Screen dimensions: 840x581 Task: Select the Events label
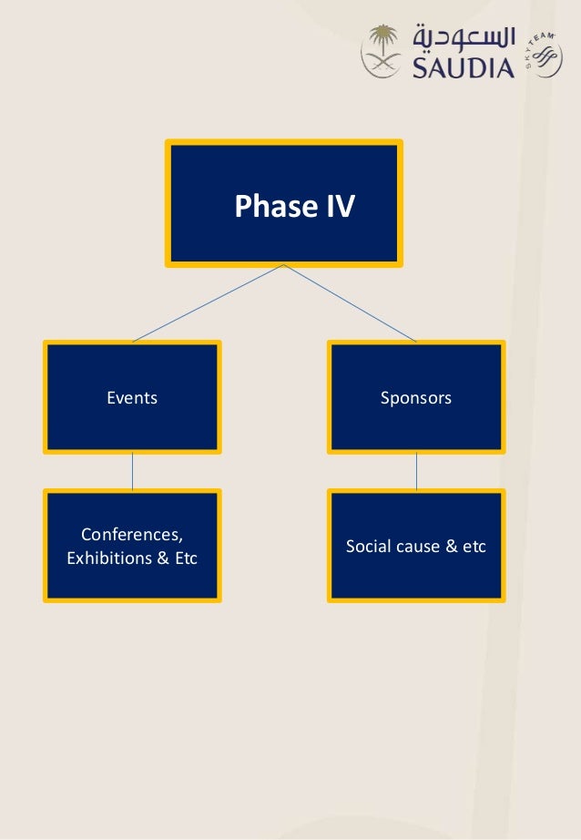pyautogui.click(x=132, y=398)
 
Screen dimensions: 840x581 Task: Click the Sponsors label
pyautogui.click(x=416, y=398)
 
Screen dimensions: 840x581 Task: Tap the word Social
pyautogui.click(x=367, y=547)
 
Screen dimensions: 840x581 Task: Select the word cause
pyautogui.click(x=418, y=547)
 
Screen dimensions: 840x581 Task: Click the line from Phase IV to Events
pyautogui.click(x=208, y=303)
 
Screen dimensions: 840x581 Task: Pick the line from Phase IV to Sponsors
pyautogui.click(x=351, y=303)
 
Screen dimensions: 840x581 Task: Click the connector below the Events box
pyautogui.click(x=132, y=471)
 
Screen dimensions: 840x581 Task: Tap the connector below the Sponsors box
pyautogui.click(x=416, y=471)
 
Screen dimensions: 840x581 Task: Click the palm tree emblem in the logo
pyautogui.click(x=382, y=51)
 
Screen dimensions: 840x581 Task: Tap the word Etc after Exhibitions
pyautogui.click(x=186, y=558)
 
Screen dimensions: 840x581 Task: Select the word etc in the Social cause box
pyautogui.click(x=474, y=547)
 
